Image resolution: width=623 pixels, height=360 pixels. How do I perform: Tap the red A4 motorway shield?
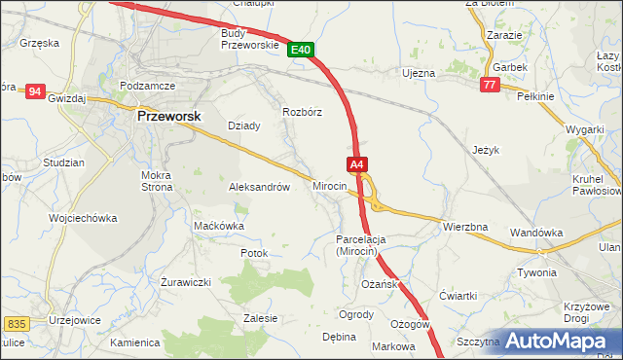[357, 164]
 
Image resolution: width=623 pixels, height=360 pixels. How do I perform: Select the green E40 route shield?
[301, 50]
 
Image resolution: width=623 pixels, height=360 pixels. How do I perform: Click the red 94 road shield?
[36, 91]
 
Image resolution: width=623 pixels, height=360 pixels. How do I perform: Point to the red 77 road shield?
[491, 86]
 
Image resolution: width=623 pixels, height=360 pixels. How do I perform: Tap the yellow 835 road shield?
[16, 323]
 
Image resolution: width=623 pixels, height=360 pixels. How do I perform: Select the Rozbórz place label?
[302, 112]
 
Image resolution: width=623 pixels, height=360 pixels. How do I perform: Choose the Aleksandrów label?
[259, 187]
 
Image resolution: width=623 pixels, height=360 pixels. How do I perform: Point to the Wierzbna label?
[464, 227]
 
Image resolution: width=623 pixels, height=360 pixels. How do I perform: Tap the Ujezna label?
[419, 73]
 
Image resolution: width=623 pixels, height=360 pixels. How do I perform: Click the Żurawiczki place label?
[185, 282]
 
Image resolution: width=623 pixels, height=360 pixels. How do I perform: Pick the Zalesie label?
[260, 318]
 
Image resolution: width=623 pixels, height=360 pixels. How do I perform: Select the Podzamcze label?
[148, 86]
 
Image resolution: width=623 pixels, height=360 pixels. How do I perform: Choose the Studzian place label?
[65, 162]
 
